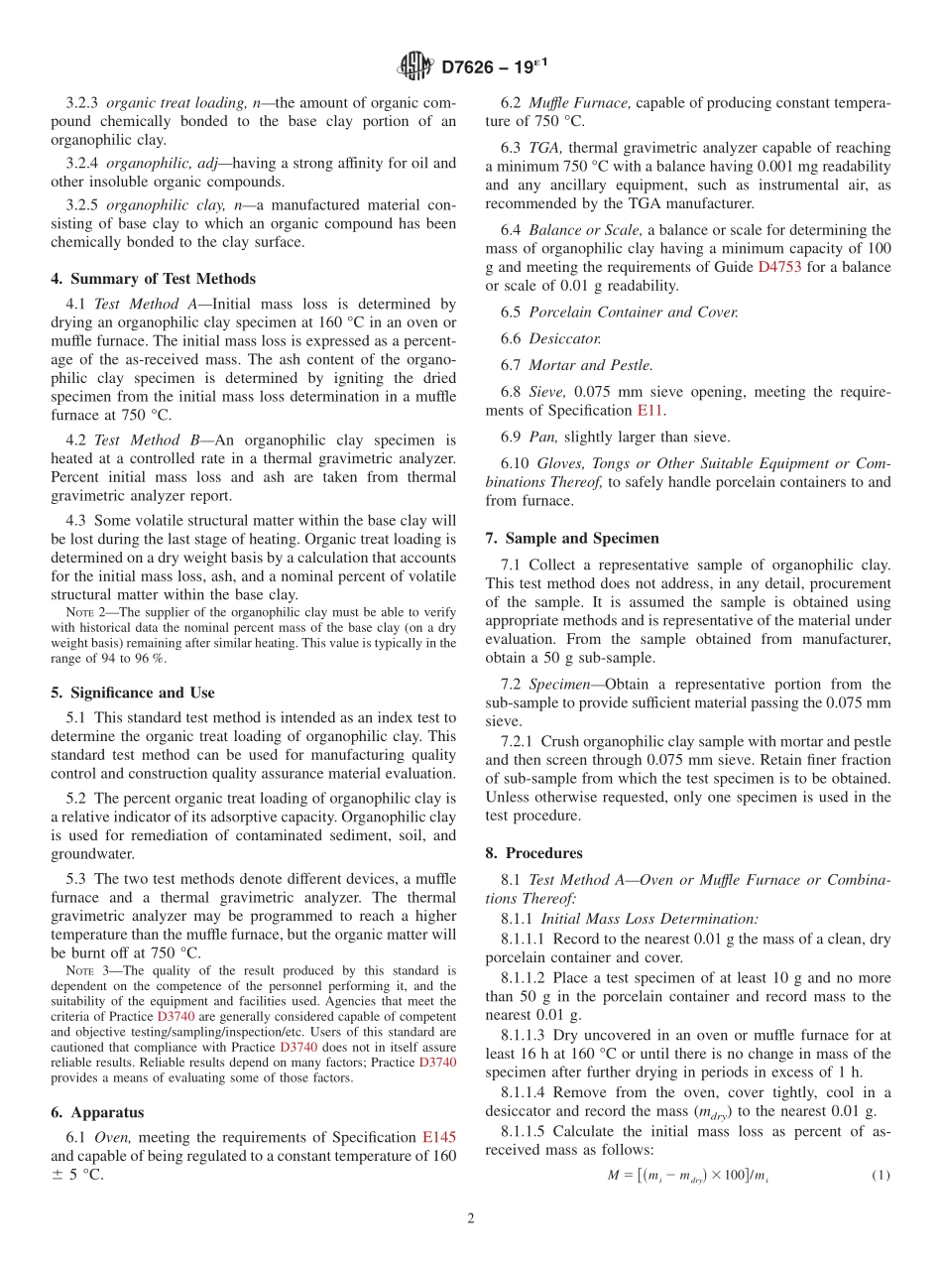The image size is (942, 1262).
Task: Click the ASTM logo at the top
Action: click(x=414, y=66)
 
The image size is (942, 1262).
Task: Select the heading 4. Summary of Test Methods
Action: click(x=153, y=279)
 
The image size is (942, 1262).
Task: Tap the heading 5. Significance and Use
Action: click(x=133, y=693)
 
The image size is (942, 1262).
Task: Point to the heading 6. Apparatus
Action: click(x=97, y=1112)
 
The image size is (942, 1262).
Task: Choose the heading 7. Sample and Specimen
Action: click(x=572, y=538)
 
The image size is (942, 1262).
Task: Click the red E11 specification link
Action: click(x=649, y=410)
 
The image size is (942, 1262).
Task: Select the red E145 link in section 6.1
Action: click(x=439, y=1138)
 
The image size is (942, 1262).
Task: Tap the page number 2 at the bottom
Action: click(x=471, y=1219)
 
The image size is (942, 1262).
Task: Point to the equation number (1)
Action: click(x=881, y=1176)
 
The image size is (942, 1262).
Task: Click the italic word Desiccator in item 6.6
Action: click(x=565, y=338)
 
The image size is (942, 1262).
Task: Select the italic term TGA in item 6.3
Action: click(x=544, y=148)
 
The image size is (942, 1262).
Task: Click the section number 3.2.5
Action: click(x=83, y=205)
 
